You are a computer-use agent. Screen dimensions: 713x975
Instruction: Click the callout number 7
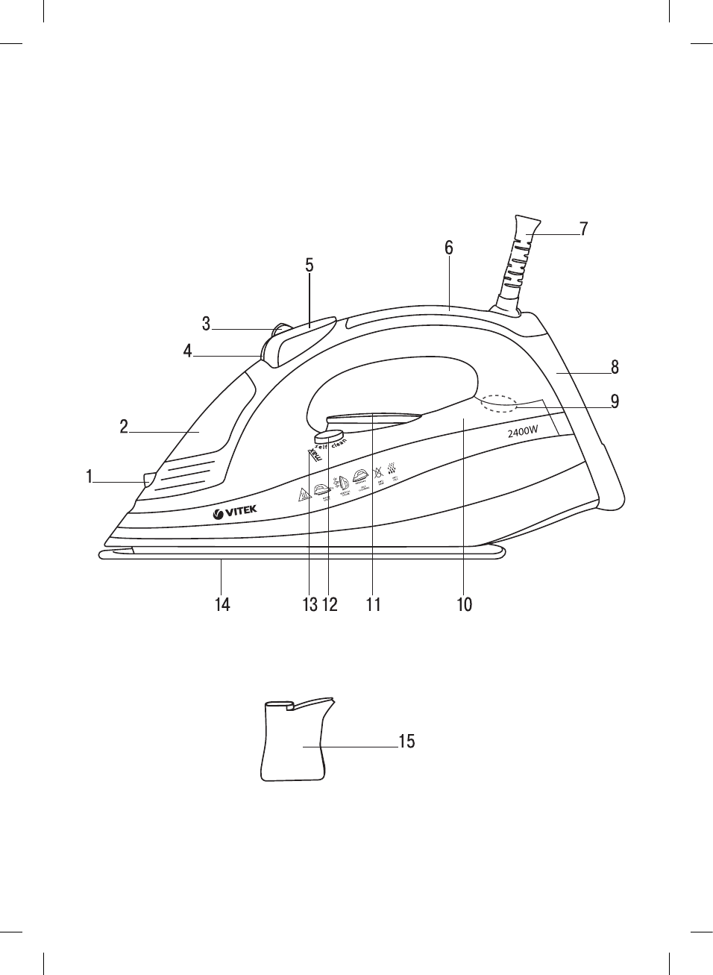(x=584, y=229)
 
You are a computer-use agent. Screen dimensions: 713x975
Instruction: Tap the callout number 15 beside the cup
(x=406, y=742)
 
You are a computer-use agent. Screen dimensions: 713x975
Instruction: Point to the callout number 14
(x=222, y=604)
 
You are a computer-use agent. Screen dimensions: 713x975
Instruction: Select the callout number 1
(x=89, y=477)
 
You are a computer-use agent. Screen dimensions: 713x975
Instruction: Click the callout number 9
(x=615, y=401)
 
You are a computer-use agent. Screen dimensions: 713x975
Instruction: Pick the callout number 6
(x=449, y=248)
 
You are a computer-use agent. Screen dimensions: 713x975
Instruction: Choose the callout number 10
(x=465, y=604)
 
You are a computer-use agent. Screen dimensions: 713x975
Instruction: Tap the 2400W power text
(x=523, y=432)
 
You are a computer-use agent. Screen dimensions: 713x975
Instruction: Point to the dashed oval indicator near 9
(x=499, y=402)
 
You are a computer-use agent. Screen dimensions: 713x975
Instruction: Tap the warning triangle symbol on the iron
(x=303, y=495)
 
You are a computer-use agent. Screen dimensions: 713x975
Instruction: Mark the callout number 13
(x=310, y=604)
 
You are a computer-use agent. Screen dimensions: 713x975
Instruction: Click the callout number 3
(x=207, y=325)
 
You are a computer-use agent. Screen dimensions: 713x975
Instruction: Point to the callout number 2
(x=124, y=427)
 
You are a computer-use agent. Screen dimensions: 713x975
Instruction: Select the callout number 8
(x=615, y=367)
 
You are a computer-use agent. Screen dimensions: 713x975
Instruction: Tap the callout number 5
(x=310, y=266)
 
